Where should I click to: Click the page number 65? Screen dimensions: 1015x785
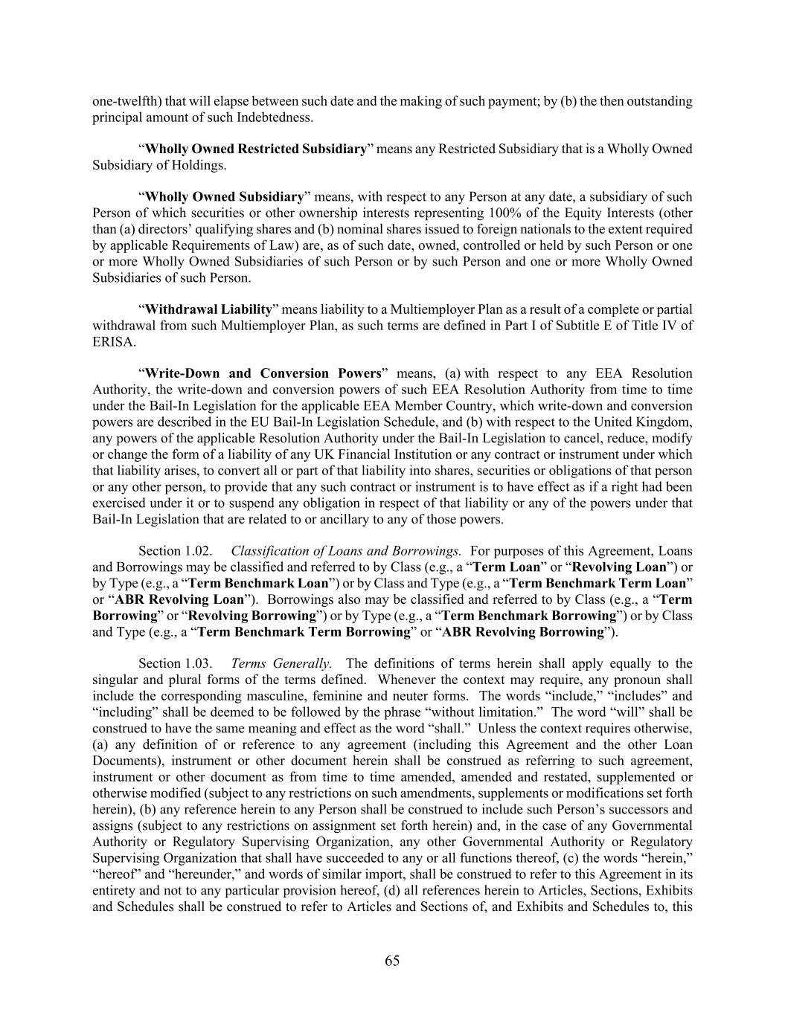(392, 961)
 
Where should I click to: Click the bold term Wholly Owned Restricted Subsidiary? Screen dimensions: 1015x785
(255, 149)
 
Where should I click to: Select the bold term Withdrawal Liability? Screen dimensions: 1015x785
(208, 309)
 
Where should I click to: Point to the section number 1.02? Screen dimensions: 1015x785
(198, 551)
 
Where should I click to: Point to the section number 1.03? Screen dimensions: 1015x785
(198, 663)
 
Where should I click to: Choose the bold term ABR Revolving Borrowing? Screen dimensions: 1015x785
(522, 632)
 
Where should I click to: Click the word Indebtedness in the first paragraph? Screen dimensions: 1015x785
(275, 117)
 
